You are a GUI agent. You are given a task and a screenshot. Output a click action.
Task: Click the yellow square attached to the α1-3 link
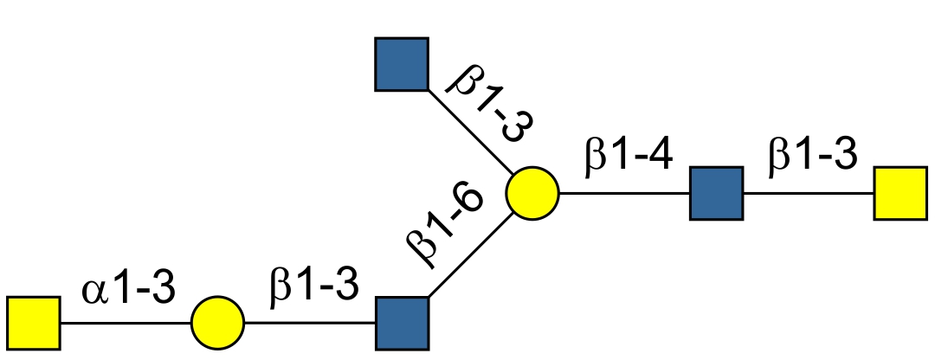click(33, 323)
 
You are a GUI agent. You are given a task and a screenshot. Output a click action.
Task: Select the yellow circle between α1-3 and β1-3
click(218, 323)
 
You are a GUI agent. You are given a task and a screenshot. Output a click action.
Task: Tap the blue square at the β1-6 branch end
click(402, 323)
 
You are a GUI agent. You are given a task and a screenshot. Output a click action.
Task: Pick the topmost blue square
click(402, 64)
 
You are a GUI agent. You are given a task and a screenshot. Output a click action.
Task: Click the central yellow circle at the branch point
click(532, 192)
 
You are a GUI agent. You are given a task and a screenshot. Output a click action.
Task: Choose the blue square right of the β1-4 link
click(716, 192)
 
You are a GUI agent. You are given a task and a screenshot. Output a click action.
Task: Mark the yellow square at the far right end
click(900, 192)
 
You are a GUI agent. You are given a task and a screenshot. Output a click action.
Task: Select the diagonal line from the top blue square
click(468, 129)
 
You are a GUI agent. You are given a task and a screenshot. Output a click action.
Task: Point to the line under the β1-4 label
click(623, 193)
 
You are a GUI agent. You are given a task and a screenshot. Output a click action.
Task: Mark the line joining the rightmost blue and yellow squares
click(808, 193)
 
